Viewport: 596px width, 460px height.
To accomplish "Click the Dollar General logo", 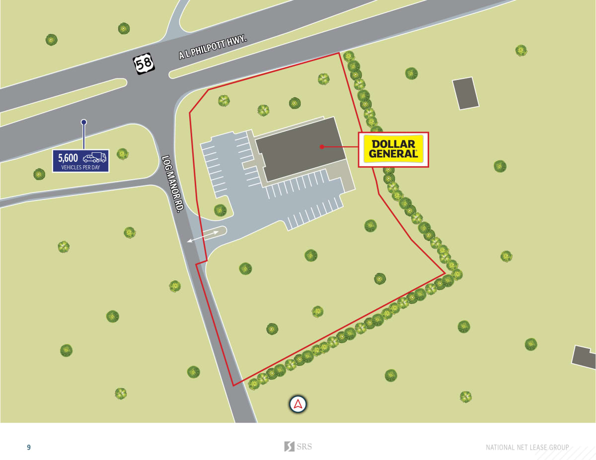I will (393, 149).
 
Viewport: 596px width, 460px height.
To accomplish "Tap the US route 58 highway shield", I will (143, 64).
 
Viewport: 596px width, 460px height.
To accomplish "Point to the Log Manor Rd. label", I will (173, 183).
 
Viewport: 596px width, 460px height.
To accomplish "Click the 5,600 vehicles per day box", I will (81, 161).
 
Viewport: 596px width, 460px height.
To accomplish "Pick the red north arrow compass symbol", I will (298, 404).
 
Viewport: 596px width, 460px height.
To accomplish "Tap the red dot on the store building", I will (322, 146).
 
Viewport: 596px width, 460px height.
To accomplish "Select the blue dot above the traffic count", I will (84, 122).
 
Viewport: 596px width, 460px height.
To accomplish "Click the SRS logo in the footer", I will (298, 447).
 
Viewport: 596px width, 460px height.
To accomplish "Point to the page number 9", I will (29, 448).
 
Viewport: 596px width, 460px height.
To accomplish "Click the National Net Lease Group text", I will (527, 448).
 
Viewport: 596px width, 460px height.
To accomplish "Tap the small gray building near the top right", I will (465, 93).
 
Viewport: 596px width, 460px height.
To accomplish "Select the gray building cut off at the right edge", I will (585, 357).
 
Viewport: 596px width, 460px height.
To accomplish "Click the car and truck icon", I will (94, 157).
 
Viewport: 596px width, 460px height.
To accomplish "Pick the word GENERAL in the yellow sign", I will (393, 154).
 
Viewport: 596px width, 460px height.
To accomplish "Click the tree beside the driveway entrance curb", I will (220, 210).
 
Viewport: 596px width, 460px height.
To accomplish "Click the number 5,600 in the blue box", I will (68, 158).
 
